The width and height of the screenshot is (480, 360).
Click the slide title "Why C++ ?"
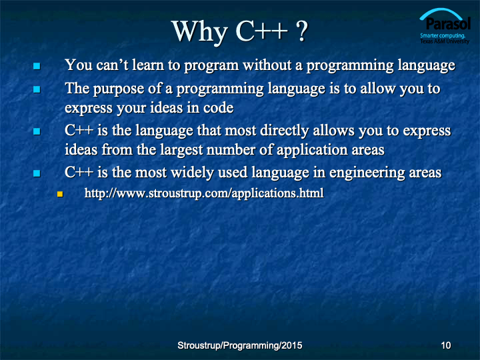click(x=239, y=31)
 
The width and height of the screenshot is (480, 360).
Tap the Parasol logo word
click(x=448, y=23)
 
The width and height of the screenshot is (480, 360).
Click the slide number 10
click(x=446, y=345)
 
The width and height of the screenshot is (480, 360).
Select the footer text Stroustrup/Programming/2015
click(x=240, y=345)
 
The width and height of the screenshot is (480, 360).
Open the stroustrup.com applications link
click(x=204, y=193)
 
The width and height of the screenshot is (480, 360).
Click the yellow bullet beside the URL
click(x=60, y=194)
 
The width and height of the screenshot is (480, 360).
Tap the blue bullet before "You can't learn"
click(x=37, y=66)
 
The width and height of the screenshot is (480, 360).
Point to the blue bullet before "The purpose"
click(x=37, y=89)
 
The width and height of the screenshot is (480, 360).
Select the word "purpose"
click(x=119, y=89)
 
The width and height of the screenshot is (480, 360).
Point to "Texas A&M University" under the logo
click(x=445, y=41)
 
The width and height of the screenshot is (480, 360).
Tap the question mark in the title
click(x=302, y=31)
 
